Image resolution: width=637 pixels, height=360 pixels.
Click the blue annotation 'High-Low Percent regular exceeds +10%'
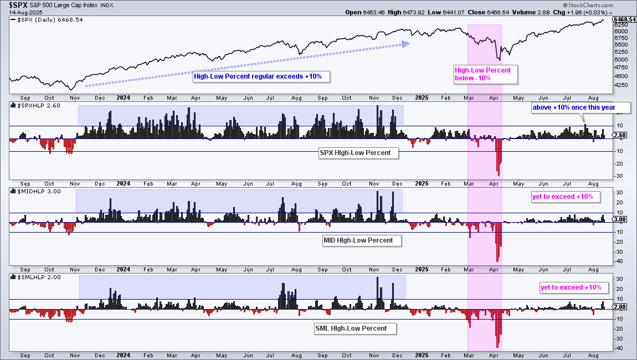tap(261, 76)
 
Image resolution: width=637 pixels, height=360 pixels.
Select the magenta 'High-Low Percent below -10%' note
tap(485, 74)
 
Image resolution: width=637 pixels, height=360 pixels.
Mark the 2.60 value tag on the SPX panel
tap(621, 135)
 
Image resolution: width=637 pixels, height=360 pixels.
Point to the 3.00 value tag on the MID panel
tap(621, 219)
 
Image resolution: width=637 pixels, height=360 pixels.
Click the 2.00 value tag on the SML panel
tap(621, 307)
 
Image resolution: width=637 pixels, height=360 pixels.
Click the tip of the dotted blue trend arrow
tap(409, 44)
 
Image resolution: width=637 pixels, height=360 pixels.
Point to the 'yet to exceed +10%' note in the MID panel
tap(562, 197)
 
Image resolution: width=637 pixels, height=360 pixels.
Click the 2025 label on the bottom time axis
tap(422, 355)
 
